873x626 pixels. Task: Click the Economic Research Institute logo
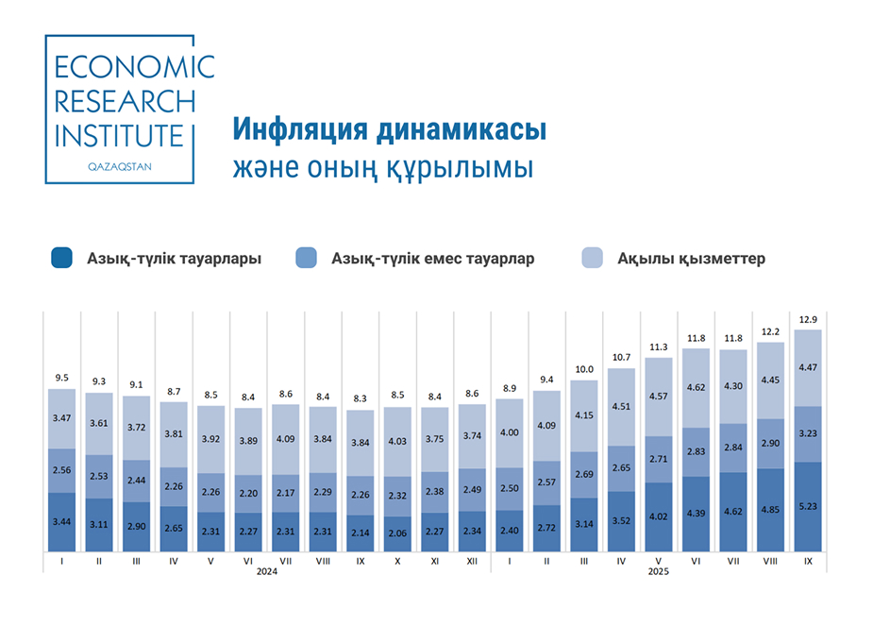[x=121, y=109]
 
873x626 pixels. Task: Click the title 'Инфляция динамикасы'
[x=389, y=129]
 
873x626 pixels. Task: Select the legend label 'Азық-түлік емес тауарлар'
[x=433, y=259]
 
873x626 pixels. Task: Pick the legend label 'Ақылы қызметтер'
[x=692, y=259]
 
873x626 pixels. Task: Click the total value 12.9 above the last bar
[x=808, y=321]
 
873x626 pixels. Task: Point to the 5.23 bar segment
[x=808, y=505]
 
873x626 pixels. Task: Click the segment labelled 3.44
[x=61, y=521]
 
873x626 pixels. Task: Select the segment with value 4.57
[x=659, y=397]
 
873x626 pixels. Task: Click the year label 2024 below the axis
[x=267, y=572]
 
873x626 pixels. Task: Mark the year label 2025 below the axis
[x=659, y=572]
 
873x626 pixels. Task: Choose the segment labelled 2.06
[x=397, y=533]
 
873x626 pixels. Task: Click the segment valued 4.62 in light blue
[x=697, y=386]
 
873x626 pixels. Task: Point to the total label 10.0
[x=584, y=370]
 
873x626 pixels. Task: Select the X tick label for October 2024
[x=397, y=561]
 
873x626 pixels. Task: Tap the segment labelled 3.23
[x=808, y=433]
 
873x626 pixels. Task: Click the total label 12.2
[x=771, y=331]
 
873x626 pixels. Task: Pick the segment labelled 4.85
[x=771, y=509]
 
